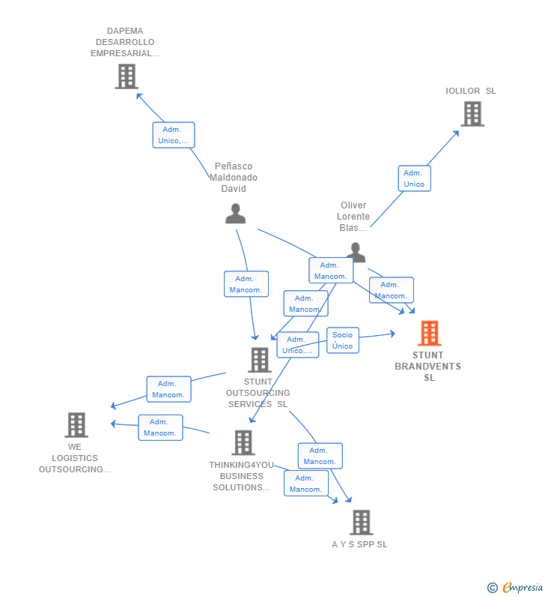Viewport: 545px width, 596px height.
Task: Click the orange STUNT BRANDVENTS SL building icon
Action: pyautogui.click(x=429, y=333)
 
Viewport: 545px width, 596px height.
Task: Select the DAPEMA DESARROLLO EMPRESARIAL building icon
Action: pyautogui.click(x=127, y=76)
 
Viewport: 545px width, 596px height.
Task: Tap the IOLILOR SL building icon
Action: pyautogui.click(x=472, y=114)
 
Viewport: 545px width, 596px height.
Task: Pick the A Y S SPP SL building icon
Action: pyautogui.click(x=362, y=523)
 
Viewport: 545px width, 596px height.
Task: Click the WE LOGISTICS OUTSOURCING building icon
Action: pyautogui.click(x=76, y=424)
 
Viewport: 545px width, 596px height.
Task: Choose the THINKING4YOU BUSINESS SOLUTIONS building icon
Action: pyautogui.click(x=243, y=442)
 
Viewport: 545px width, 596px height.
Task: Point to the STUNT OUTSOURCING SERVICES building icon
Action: pyautogui.click(x=260, y=360)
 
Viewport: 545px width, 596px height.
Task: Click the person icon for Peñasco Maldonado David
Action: pyautogui.click(x=235, y=214)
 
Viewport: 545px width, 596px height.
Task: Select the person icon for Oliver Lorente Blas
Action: pyautogui.click(x=356, y=253)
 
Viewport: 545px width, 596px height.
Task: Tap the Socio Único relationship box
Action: pyautogui.click(x=343, y=340)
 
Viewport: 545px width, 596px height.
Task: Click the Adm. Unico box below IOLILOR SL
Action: pyautogui.click(x=415, y=178)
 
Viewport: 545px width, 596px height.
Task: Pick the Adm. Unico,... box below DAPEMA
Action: pyautogui.click(x=174, y=135)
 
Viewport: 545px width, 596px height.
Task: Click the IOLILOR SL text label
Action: pyautogui.click(x=471, y=91)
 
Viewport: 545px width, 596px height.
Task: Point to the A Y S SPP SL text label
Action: pyautogui.click(x=360, y=544)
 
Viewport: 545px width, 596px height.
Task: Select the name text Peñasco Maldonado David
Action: pyautogui.click(x=234, y=178)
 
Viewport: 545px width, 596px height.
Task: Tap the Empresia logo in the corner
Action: pyautogui.click(x=523, y=587)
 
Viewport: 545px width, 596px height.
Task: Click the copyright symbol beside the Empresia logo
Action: pyautogui.click(x=493, y=588)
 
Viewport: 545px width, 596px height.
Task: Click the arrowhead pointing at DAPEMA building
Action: pyautogui.click(x=139, y=96)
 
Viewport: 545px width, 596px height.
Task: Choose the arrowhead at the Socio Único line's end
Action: pyautogui.click(x=393, y=334)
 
